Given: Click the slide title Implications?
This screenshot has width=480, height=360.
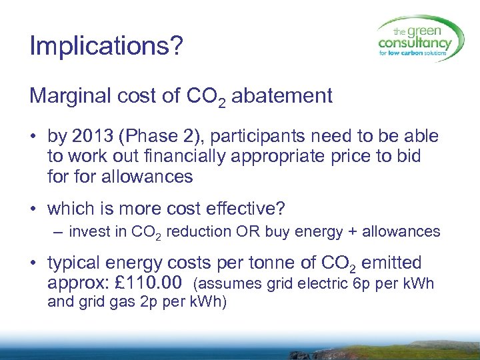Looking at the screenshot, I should [105, 47].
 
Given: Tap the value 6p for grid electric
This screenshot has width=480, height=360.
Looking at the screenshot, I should [361, 284].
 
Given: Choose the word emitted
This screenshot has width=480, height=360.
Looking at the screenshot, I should [393, 263].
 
